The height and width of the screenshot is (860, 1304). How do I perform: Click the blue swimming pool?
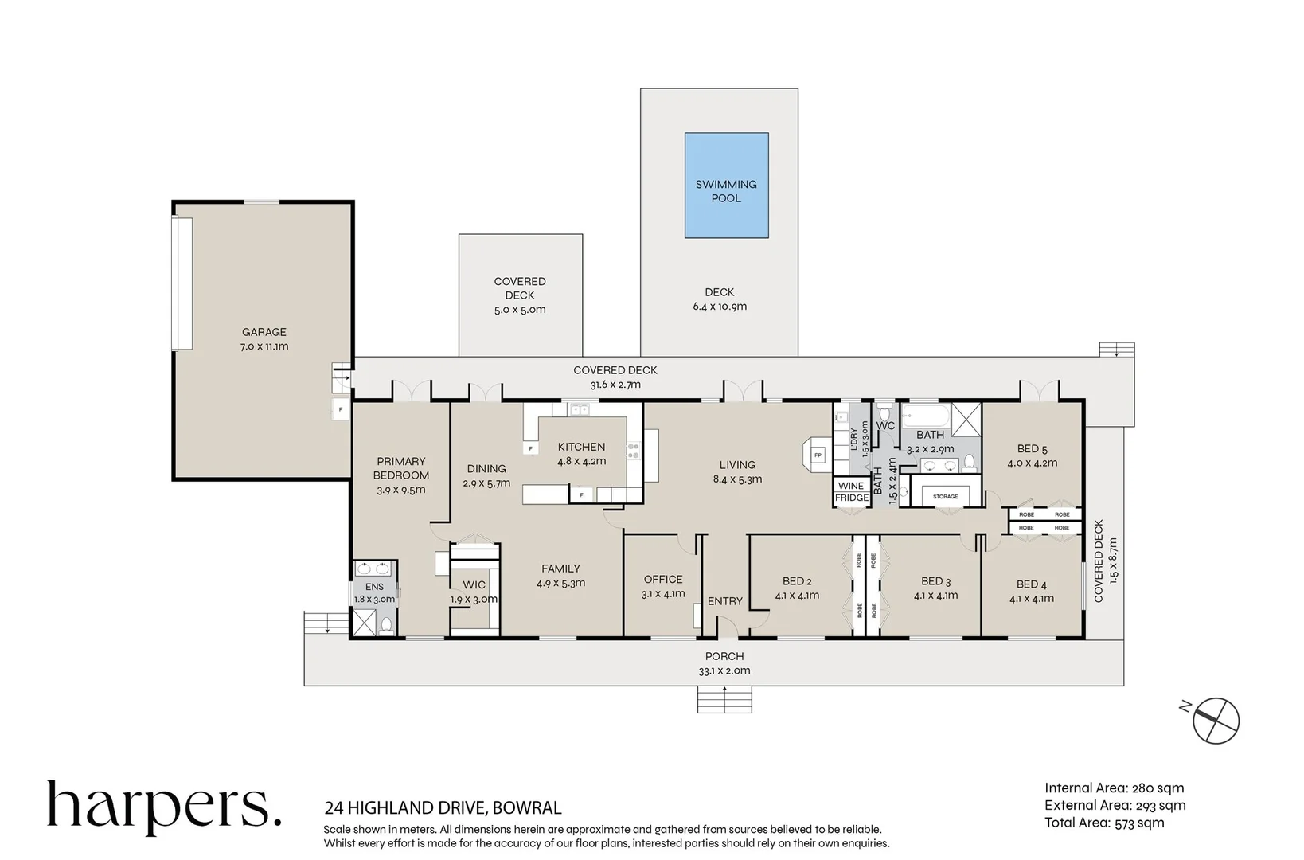727,186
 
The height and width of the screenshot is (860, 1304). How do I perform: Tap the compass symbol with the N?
1214,721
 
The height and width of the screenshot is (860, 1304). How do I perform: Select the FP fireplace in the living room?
818,455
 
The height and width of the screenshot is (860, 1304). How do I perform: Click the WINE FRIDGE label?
851,492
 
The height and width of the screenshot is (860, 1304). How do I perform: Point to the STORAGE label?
946,497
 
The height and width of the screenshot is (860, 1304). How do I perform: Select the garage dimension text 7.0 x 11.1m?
264,346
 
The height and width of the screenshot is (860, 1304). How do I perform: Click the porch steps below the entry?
724,699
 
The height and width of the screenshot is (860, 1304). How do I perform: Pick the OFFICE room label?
663,580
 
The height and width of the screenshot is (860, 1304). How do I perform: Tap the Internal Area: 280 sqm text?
1115,788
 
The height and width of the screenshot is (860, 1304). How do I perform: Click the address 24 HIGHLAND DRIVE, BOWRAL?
443,808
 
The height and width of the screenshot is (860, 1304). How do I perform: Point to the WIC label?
474,585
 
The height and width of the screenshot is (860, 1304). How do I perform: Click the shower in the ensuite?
364,623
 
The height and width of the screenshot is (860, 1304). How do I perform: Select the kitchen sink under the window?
579,410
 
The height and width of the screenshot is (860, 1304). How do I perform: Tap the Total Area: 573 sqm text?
1104,823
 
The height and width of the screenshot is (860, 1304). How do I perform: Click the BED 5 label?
1033,449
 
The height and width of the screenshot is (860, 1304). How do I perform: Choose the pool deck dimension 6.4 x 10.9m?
720,307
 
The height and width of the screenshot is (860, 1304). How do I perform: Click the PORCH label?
724,656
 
